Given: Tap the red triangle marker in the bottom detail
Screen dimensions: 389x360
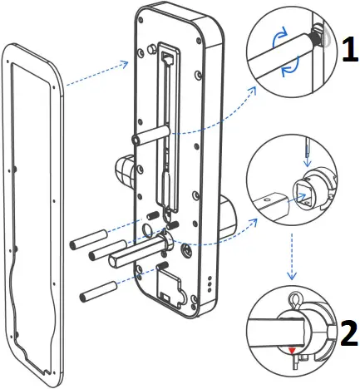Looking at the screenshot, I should click(293, 350).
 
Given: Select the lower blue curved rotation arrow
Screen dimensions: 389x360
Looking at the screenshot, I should click(291, 69).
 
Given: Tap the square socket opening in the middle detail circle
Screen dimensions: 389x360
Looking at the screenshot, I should click(303, 195).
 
